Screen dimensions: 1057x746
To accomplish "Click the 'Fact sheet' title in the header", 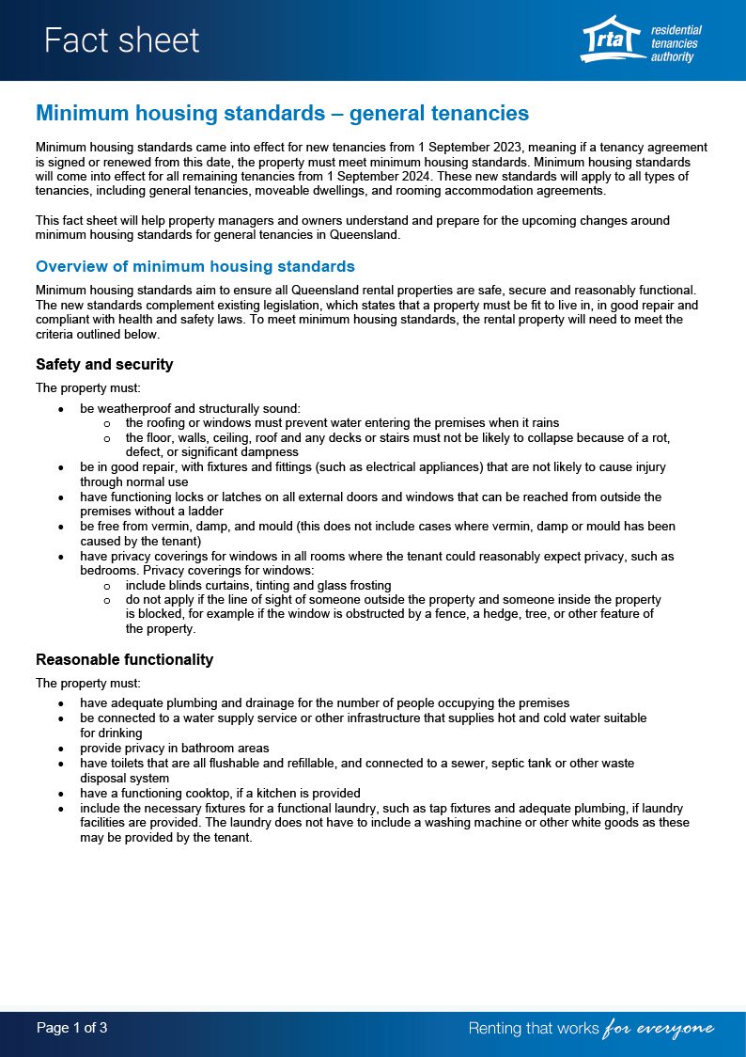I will [121, 40].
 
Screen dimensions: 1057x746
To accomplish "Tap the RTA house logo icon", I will [612, 39].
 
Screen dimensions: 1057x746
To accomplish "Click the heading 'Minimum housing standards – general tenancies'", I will [282, 114].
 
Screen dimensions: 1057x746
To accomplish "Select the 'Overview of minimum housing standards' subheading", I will [194, 266].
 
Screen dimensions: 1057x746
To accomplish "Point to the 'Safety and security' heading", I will [104, 364].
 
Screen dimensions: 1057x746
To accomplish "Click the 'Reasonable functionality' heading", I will [124, 659].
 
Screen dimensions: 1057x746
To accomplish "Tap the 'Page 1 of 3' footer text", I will [71, 1028].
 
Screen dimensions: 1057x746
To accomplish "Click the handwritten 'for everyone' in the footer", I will [659, 1029].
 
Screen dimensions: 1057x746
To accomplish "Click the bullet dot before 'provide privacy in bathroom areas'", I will [61, 749].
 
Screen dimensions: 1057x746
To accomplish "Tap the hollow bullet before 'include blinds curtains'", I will [107, 585].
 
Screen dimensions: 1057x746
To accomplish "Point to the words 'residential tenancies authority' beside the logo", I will [676, 44].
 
